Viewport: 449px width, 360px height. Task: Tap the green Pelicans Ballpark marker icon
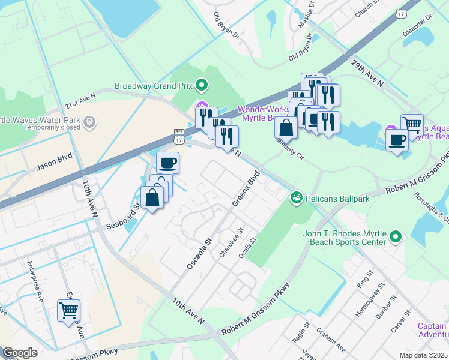[x=295, y=197]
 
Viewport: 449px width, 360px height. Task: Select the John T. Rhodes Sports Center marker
[x=395, y=237]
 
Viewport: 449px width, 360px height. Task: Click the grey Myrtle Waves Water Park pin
[x=89, y=122]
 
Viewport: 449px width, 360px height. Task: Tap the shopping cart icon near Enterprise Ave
[x=68, y=310]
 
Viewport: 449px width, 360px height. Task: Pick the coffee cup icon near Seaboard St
[x=168, y=163]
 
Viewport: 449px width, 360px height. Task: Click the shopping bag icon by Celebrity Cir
[x=286, y=127]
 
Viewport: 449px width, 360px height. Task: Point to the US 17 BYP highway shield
[x=178, y=136]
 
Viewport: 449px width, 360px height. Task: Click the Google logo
[x=20, y=352]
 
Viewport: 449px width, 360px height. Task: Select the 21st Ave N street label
[x=80, y=100]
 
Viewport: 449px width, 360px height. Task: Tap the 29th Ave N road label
[x=367, y=73]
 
